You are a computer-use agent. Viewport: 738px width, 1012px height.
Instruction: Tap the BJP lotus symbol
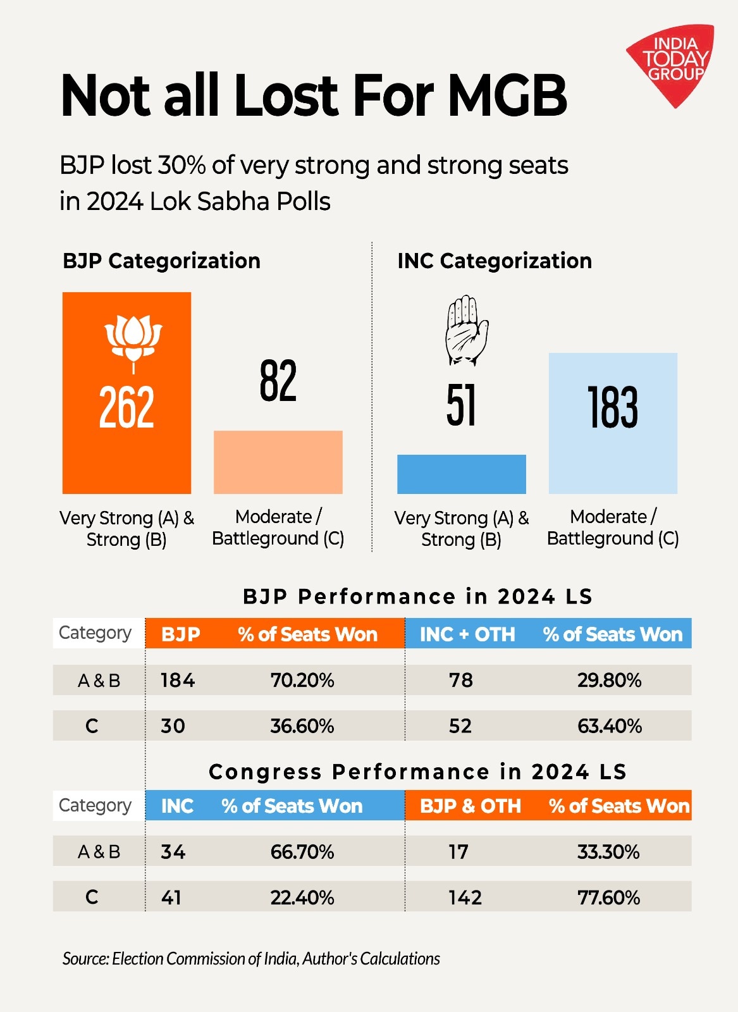pos(133,342)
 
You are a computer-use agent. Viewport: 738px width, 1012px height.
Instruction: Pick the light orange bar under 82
pos(278,462)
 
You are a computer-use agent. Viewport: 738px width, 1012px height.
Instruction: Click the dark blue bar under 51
pos(461,474)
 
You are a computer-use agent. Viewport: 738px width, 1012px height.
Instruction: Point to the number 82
pos(278,381)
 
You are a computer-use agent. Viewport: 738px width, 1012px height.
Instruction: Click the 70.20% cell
pos(302,681)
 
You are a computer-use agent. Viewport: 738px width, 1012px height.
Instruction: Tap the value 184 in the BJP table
pos(178,681)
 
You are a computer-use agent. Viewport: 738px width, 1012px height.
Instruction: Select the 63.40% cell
pos(610,726)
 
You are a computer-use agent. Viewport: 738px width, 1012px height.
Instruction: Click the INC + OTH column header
pos(467,634)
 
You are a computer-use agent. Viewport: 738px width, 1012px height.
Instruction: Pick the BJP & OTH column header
pos(470,806)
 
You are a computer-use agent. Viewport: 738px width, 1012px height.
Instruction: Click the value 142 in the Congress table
pos(465,898)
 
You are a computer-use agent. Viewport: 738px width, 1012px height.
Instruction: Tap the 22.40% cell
pos(302,898)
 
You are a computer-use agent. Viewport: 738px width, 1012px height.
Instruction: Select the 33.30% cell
pos(608,852)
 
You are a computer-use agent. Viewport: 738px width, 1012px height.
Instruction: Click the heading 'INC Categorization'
pos(495,261)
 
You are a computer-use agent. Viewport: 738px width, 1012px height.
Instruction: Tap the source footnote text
pos(251,959)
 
